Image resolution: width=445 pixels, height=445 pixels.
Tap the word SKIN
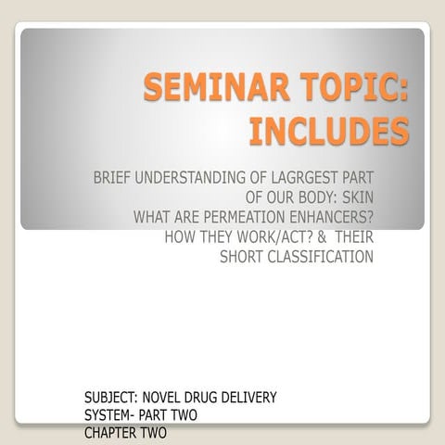[x=356, y=197]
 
